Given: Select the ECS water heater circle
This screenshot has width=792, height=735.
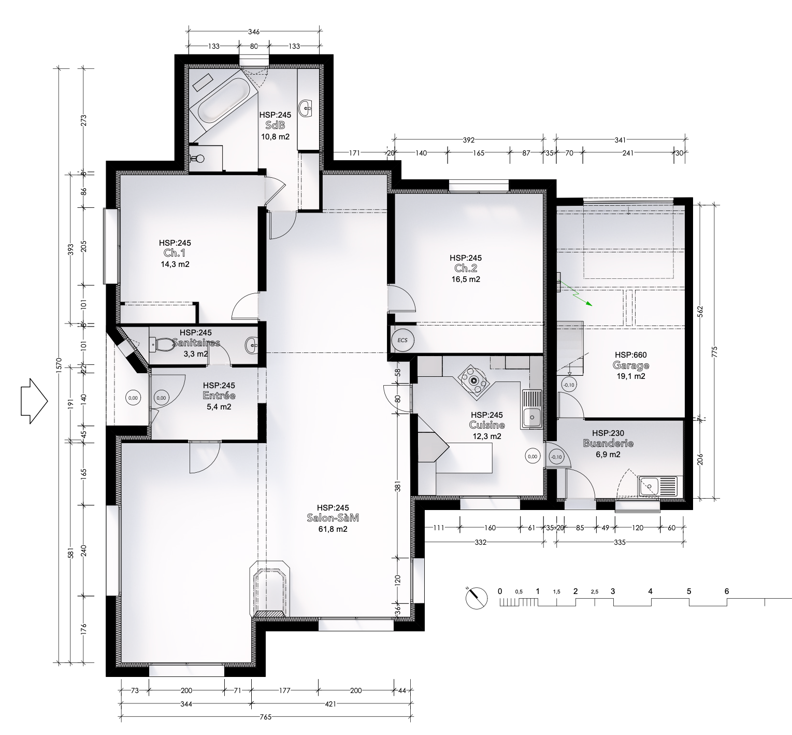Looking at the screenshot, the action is coord(403,340).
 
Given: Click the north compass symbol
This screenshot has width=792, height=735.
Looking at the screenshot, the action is coord(477,598).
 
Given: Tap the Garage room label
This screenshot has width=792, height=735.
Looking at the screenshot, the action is coord(630,365).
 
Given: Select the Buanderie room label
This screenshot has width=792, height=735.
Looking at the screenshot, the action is coord(608,444).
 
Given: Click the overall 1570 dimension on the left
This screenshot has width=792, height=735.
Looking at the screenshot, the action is coord(59,365).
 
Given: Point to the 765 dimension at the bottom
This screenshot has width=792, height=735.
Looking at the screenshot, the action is coord(266,718).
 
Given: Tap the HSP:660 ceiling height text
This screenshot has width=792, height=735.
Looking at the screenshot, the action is coord(630,355).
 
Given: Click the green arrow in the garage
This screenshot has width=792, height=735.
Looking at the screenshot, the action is coord(576,294).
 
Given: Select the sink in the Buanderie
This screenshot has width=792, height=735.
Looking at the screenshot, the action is coord(658,486).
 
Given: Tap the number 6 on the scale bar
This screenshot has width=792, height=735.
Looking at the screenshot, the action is coord(727,591).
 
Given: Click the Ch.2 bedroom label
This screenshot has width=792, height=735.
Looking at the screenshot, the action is coord(466,268).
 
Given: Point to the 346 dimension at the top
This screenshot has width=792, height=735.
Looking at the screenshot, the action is coord(254,32).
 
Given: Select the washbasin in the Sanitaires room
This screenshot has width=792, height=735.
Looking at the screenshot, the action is coord(252,344).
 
